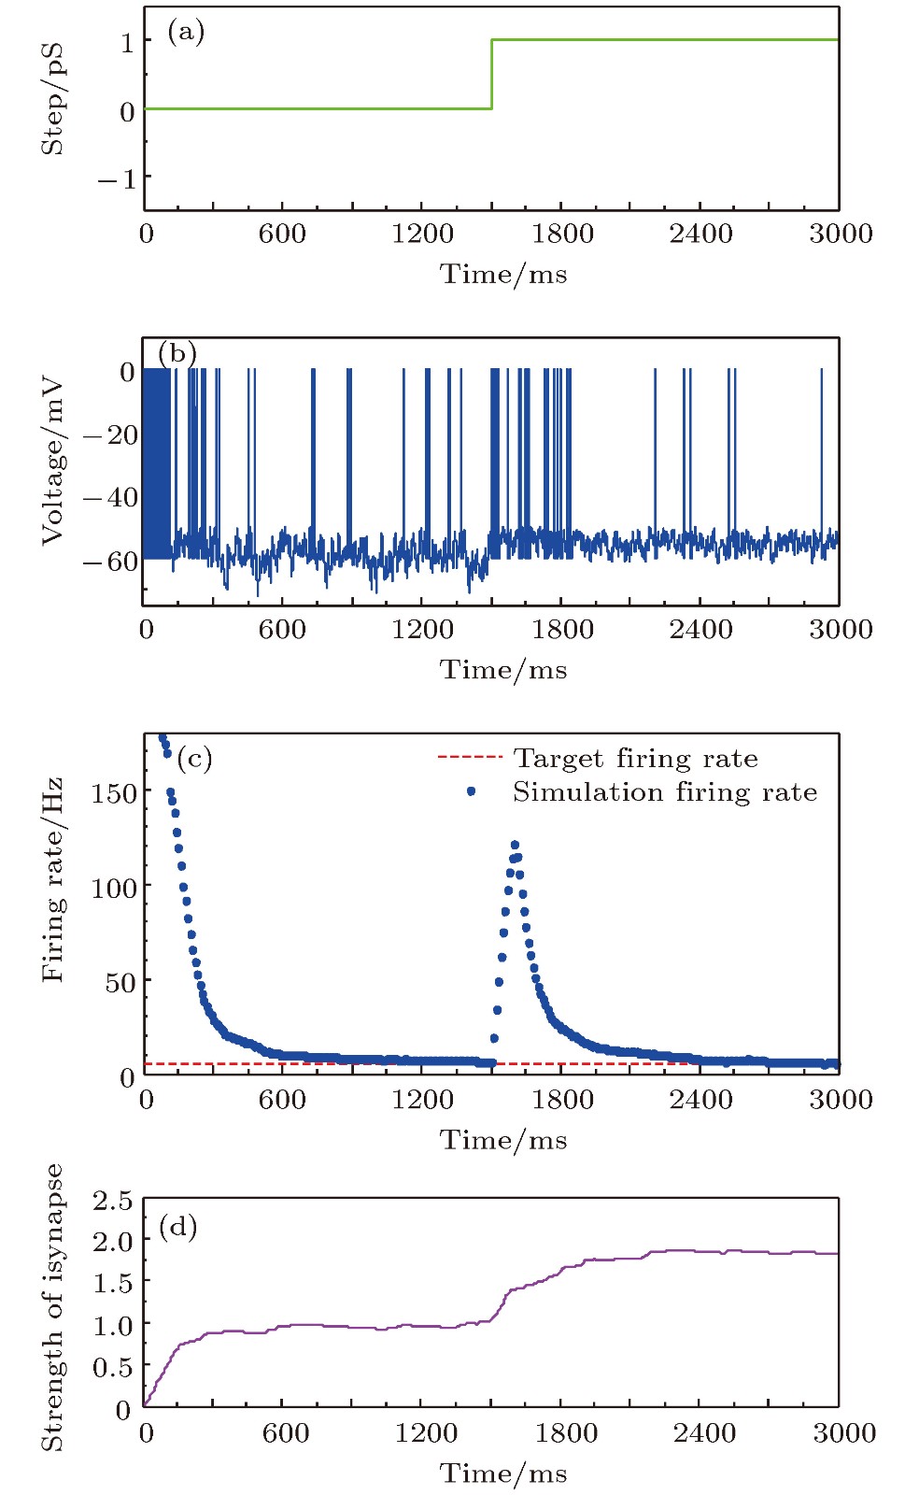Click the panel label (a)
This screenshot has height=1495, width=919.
pos(185,33)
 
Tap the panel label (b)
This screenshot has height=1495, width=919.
pos(177,353)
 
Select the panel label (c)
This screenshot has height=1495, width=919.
pos(193,758)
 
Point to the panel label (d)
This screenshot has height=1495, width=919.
pos(177,1225)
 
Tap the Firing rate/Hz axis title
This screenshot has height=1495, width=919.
pos(52,879)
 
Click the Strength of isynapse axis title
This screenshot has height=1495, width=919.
pos(52,1307)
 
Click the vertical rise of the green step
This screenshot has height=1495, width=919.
pos(492,75)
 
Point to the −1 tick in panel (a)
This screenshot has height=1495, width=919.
pos(118,178)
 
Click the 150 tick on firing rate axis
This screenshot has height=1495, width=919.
pos(114,792)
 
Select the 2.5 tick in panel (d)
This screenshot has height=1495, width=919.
pos(112,1201)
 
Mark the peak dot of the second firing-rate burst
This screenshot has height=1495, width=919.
pos(515,845)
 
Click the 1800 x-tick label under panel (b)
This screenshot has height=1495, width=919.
pos(562,629)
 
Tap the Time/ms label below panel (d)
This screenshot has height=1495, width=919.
pos(503,1474)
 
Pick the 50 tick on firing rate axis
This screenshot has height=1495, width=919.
pos(120,982)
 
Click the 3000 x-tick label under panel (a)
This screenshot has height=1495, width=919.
pos(841,234)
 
